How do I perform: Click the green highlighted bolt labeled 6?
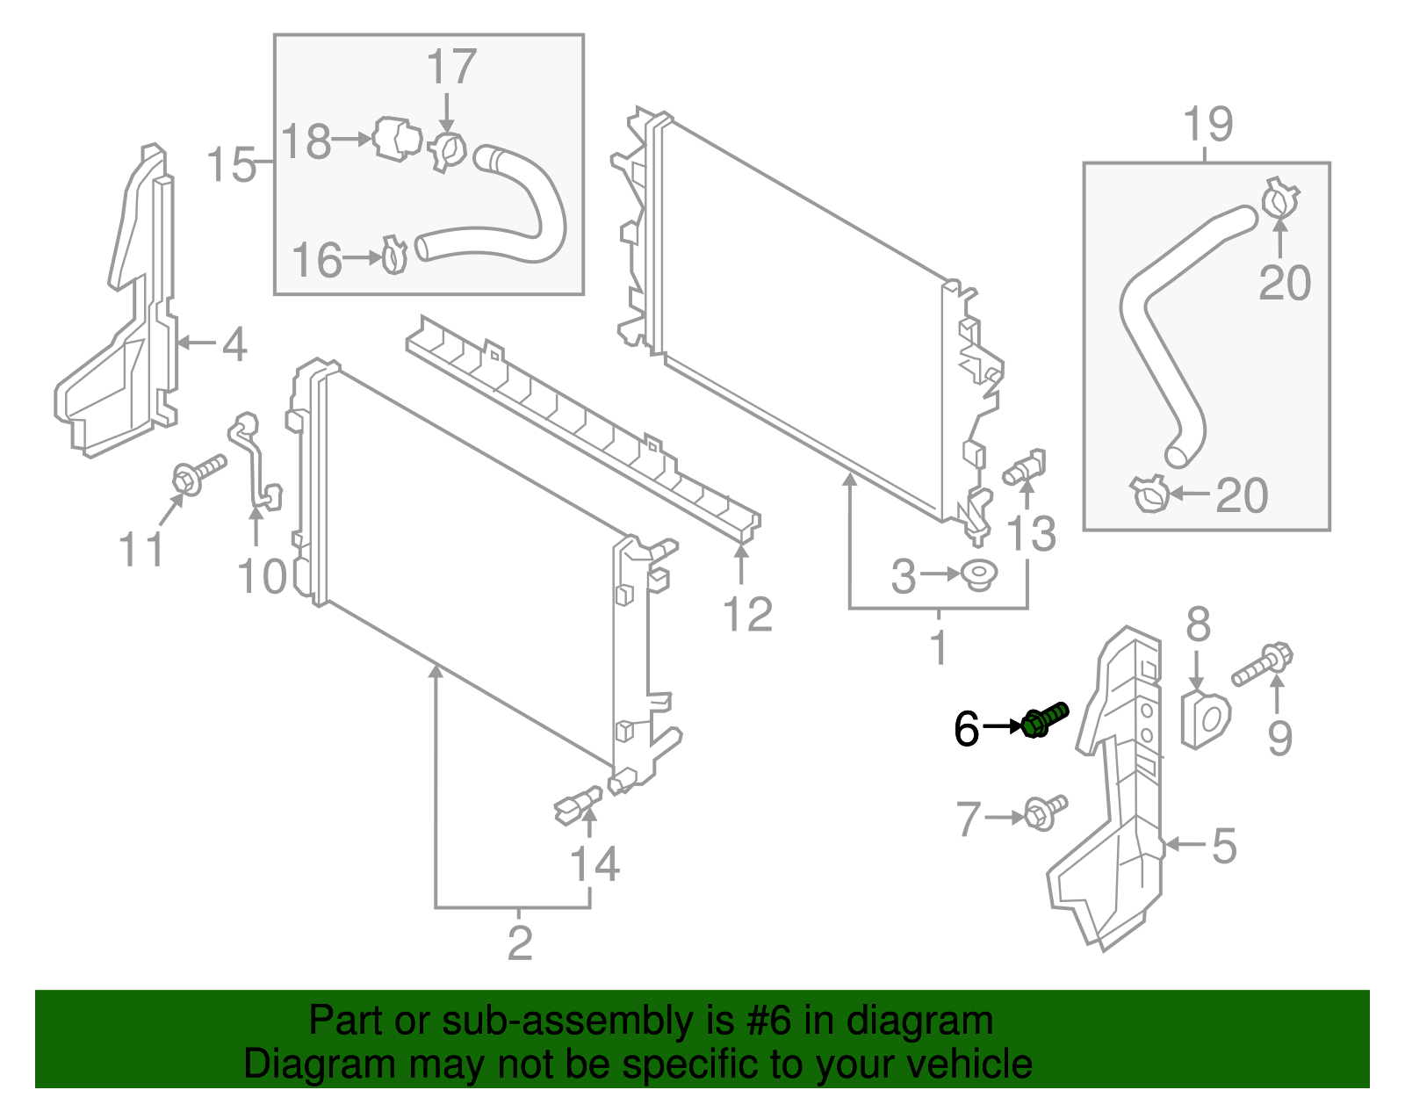click(x=1045, y=720)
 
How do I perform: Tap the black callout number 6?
click(x=966, y=729)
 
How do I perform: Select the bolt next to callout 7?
click(x=1045, y=812)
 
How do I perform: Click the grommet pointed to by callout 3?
click(x=979, y=575)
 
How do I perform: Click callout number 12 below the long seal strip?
click(x=747, y=614)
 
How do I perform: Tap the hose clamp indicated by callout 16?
click(x=395, y=255)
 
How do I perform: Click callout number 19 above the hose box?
click(x=1208, y=125)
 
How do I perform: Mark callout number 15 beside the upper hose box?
click(x=232, y=165)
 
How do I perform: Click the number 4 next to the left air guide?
click(x=234, y=344)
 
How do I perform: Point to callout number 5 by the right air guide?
click(x=1224, y=846)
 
